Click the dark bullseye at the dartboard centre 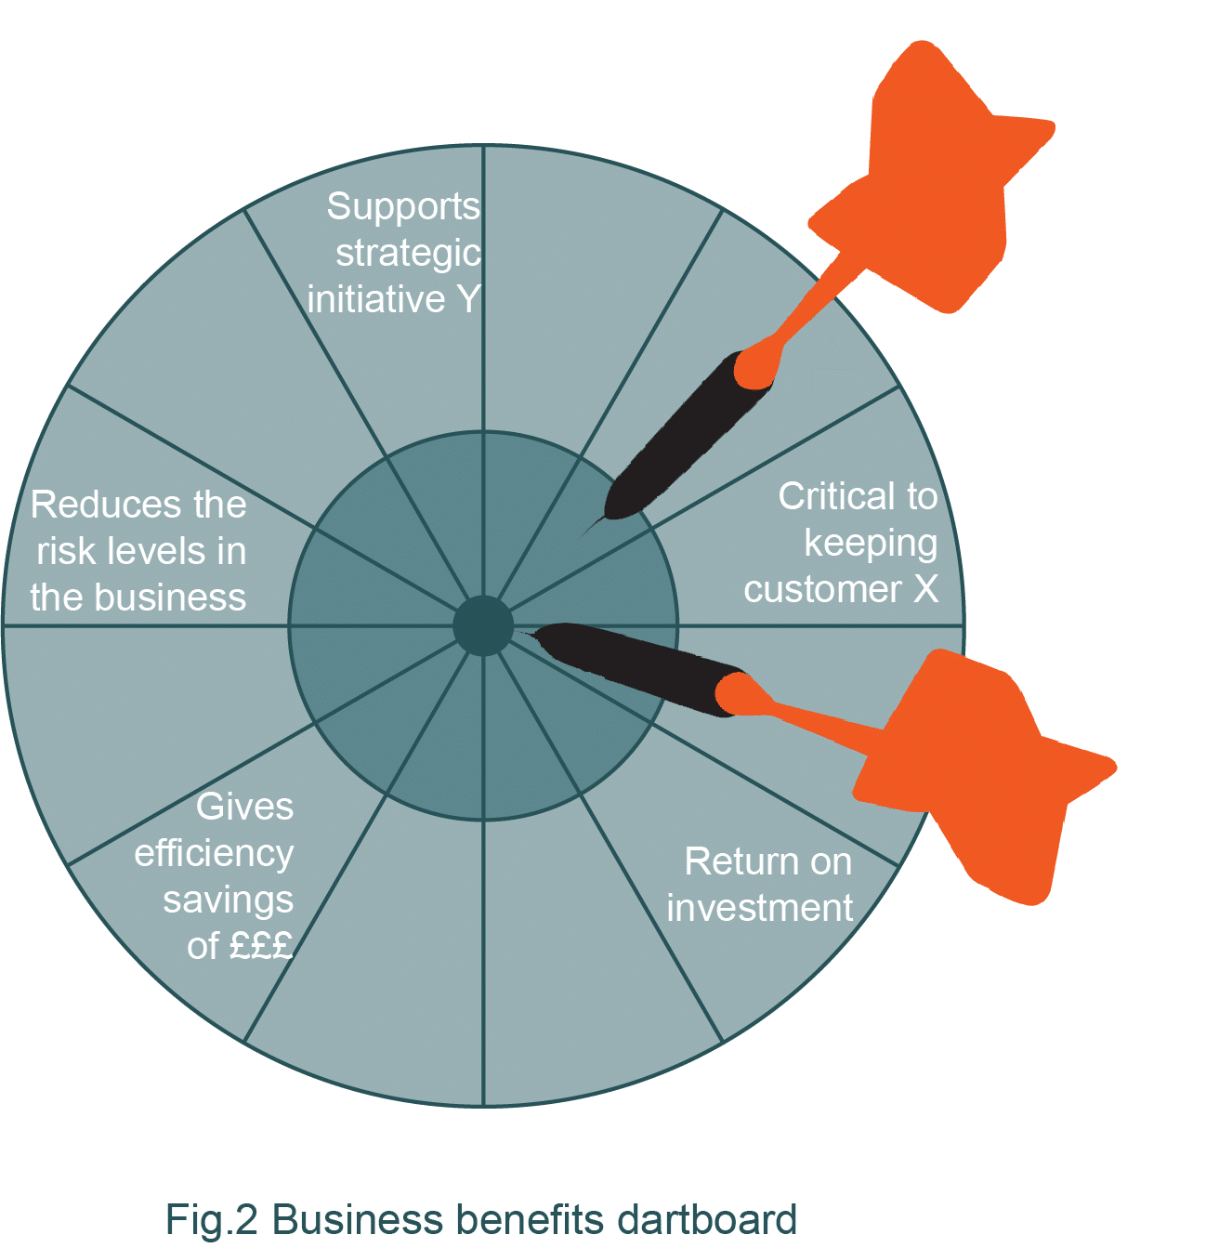pyautogui.click(x=483, y=625)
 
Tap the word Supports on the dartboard pyautogui.click(x=403, y=207)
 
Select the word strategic pyautogui.click(x=408, y=253)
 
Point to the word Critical pyautogui.click(x=832, y=496)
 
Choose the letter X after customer pyautogui.click(x=924, y=589)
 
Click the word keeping pyautogui.click(x=870, y=543)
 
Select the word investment pyautogui.click(x=759, y=908)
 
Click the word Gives pyautogui.click(x=244, y=806)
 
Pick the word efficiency pyautogui.click(x=214, y=852)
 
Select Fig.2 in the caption pyautogui.click(x=211, y=1219)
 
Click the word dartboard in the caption pyautogui.click(x=706, y=1219)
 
